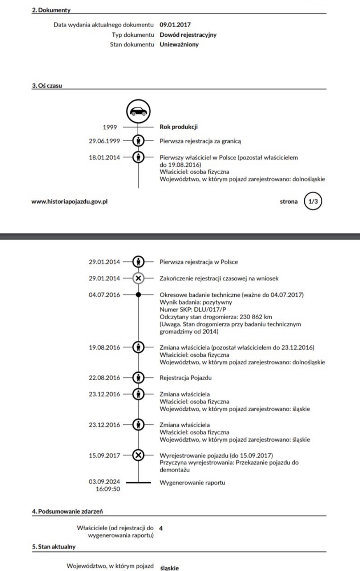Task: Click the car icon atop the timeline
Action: (138, 111)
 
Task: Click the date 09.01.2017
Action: (175, 25)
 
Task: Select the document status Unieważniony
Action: (179, 45)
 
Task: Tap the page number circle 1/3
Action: (313, 202)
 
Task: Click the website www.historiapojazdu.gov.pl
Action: (69, 202)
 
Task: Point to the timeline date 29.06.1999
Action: (104, 141)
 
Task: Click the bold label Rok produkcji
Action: (179, 127)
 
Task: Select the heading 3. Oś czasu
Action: (47, 86)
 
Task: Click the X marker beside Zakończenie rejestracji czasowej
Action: (138, 279)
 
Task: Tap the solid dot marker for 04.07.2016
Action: (138, 295)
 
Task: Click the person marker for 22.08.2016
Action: (138, 378)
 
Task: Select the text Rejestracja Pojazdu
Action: (186, 378)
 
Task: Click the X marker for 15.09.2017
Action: (138, 455)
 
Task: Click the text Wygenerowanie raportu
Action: (193, 483)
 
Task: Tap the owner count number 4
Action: (161, 528)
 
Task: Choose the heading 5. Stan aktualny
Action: (54, 547)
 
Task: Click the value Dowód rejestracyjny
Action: (188, 35)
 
